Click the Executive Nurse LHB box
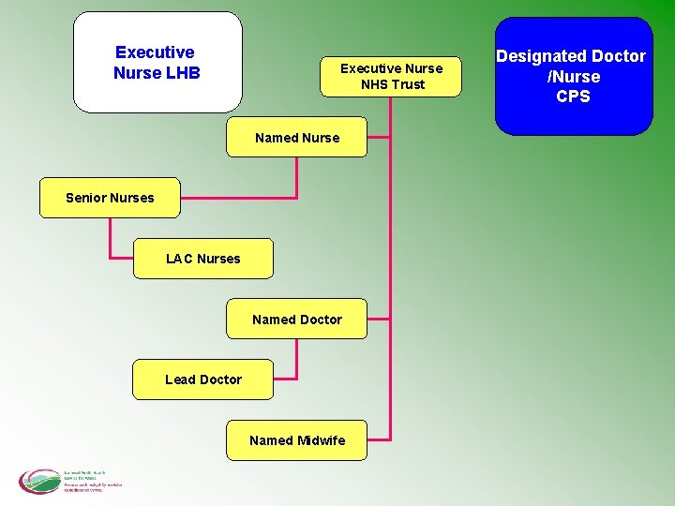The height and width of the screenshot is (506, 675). click(157, 62)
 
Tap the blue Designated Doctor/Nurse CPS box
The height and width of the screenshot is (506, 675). click(573, 76)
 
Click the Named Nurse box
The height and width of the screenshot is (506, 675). click(296, 138)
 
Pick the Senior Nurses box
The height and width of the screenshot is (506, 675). click(110, 198)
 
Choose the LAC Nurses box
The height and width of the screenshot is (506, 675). click(202, 259)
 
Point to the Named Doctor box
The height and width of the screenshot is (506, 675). click(296, 320)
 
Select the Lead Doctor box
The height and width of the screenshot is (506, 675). click(202, 379)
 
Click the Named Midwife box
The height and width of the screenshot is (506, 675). click(296, 440)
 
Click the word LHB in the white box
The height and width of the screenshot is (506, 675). click(182, 73)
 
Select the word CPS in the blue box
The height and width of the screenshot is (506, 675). click(573, 97)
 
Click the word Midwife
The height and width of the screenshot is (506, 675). click(321, 440)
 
